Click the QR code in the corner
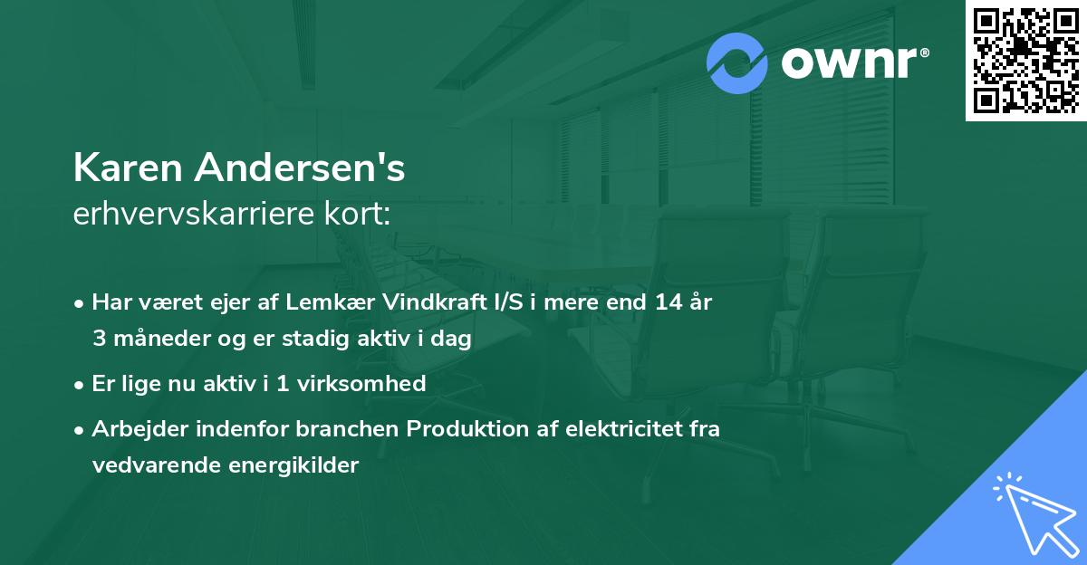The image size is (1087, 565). [x=1025, y=60]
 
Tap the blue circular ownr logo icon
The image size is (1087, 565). [x=737, y=62]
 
